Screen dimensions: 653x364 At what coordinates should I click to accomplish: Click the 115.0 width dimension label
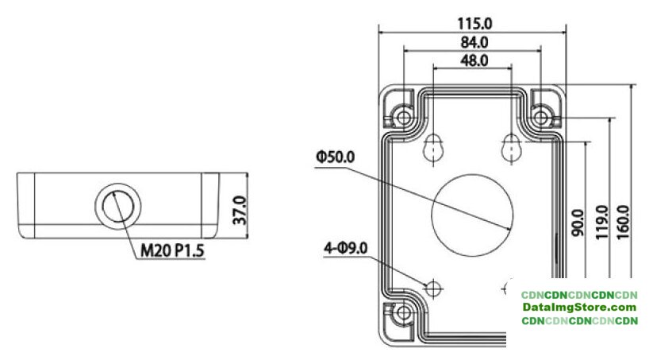(474, 23)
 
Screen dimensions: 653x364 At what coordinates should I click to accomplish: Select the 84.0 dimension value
(474, 42)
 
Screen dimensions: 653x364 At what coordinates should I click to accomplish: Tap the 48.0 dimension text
(474, 61)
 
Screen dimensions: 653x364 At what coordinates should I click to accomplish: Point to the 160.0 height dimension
(623, 222)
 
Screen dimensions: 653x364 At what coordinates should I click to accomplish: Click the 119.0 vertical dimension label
(602, 222)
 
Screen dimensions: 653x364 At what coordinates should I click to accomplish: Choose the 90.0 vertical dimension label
(578, 223)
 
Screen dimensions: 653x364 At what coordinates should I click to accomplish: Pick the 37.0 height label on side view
(240, 211)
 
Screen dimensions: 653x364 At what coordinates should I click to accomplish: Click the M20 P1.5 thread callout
(172, 250)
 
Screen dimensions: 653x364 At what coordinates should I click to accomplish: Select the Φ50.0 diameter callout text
(336, 157)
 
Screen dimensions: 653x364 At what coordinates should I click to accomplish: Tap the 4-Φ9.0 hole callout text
(346, 249)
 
